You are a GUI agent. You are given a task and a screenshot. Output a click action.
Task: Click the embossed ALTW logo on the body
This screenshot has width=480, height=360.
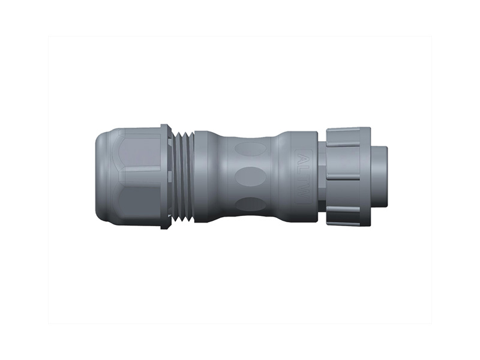point(304,176)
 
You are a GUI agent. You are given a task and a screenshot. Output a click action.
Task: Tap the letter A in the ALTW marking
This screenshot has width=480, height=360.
point(304,160)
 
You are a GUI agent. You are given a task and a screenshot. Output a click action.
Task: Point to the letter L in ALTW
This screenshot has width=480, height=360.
point(304,170)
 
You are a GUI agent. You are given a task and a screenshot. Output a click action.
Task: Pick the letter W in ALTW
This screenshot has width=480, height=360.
point(304,193)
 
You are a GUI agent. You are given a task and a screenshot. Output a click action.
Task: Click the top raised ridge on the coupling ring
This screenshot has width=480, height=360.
point(343,145)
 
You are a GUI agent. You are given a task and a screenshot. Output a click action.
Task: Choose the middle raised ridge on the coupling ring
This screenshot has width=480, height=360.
point(343,176)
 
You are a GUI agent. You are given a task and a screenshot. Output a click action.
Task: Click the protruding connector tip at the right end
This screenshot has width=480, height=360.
point(379,176)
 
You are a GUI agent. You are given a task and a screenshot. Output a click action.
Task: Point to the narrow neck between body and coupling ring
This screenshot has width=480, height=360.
point(322,176)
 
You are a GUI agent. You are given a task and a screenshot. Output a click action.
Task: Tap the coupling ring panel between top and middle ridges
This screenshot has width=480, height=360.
point(343,161)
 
